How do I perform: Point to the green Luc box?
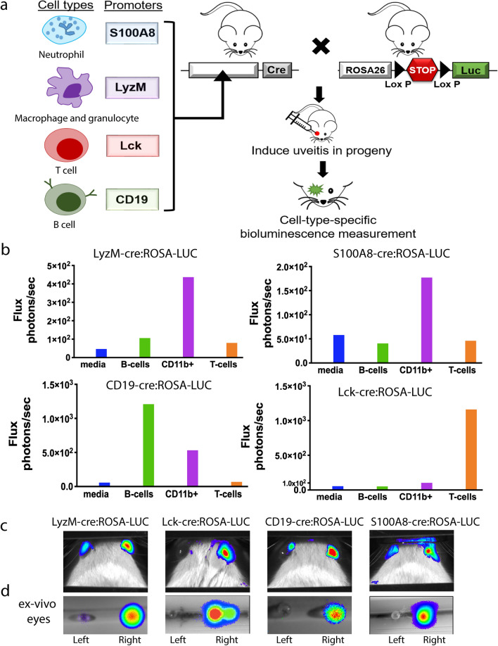[x=471, y=70]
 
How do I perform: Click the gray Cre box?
[x=276, y=70]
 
